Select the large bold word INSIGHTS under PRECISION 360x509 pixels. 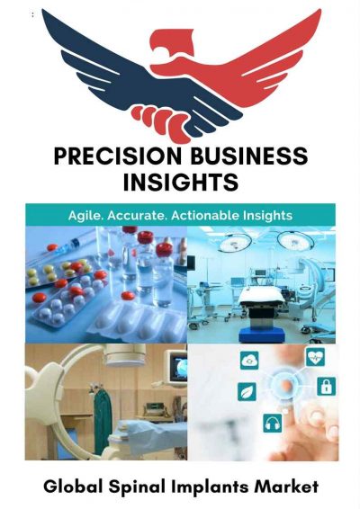[180, 183]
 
